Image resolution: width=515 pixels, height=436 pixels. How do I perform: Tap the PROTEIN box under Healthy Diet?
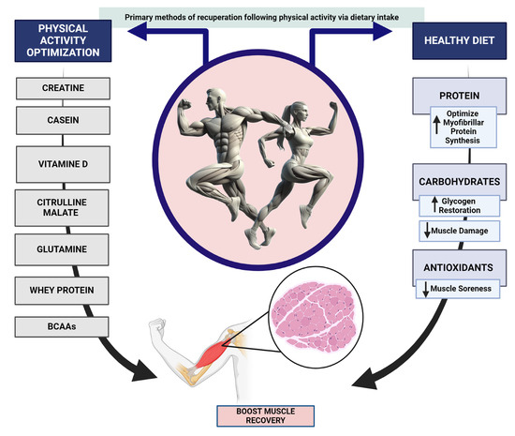tap(452, 96)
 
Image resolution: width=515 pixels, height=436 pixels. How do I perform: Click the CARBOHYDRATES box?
tap(452, 181)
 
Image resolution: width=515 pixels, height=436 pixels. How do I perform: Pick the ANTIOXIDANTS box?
tap(452, 268)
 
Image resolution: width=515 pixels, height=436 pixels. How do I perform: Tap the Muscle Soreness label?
tap(452, 289)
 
